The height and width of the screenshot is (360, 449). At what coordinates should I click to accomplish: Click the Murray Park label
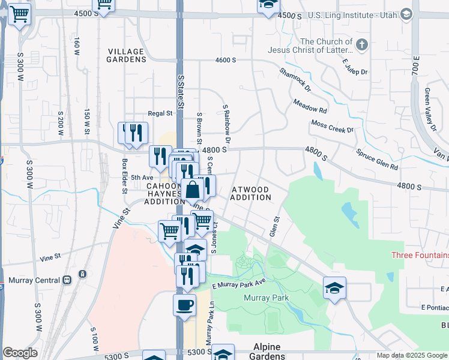coord(266,298)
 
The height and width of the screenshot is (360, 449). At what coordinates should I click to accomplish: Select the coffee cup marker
coord(184,304)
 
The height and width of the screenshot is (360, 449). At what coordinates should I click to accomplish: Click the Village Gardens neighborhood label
coord(126,55)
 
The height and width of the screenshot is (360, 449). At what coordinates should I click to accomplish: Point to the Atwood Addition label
coord(250,193)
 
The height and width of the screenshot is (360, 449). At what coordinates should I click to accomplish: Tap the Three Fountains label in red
coord(420,255)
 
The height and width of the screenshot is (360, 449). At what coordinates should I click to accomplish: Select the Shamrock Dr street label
coord(295,79)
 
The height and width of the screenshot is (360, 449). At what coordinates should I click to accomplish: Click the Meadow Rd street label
coord(310,106)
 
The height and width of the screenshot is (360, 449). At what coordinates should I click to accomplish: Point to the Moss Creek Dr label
coord(333,126)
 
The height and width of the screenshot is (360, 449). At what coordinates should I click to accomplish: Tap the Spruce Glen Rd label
coord(377,158)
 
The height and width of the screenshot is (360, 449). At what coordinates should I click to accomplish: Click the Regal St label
coord(160,113)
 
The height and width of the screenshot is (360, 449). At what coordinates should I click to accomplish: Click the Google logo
coord(20,353)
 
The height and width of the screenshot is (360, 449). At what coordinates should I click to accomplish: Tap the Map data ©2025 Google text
coord(411,355)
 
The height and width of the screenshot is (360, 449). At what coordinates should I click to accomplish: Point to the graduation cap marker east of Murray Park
coord(334,288)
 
